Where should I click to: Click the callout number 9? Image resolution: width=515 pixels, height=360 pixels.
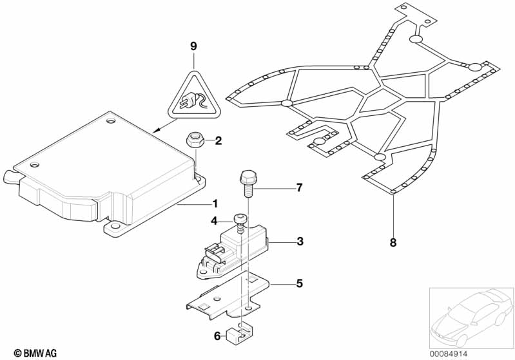193,46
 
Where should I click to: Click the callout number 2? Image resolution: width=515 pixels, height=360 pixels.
218,140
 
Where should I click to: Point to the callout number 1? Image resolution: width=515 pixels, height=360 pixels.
215,204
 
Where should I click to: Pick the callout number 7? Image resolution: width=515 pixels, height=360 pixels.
298,188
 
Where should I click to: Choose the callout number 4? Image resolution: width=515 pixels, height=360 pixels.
214,221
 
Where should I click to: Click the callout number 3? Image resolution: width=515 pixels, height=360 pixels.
300,242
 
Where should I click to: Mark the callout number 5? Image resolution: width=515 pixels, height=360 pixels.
299,283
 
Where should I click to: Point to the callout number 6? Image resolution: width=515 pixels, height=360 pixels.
216,335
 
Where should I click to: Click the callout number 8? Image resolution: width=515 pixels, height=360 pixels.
393,243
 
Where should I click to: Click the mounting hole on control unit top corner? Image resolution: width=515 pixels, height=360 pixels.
110,120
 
